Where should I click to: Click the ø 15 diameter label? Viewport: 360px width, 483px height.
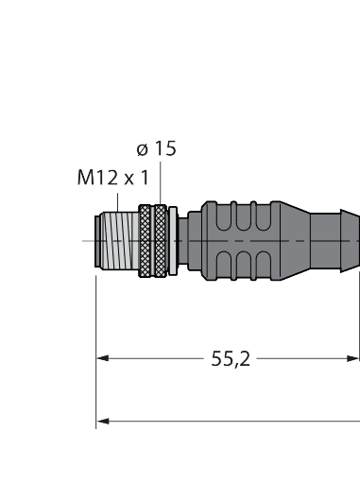pyautogui.click(x=156, y=148)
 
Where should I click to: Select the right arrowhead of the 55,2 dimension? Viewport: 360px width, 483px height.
pyautogui.click(x=353, y=358)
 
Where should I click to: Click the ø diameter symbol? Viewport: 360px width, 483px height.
pyautogui.click(x=142, y=148)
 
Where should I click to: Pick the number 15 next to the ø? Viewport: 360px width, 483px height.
pyautogui.click(x=164, y=148)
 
